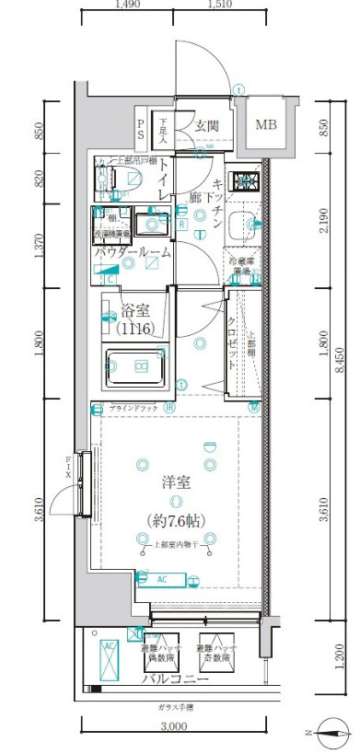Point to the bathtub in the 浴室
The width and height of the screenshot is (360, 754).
tap(136, 365)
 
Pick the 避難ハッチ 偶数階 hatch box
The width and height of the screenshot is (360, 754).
tap(160, 655)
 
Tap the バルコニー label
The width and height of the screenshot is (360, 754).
tap(173, 681)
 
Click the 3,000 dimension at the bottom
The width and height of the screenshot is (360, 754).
tap(172, 727)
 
